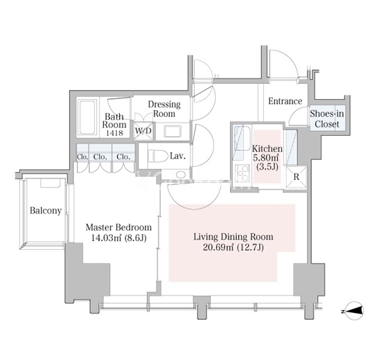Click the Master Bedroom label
tap(118, 228)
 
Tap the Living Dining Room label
tap(233, 237)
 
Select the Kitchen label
tap(267, 148)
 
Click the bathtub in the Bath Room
tap(87, 117)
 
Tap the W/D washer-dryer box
tap(143, 131)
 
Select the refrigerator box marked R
tap(297, 177)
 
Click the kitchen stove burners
tap(242, 172)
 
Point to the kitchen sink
tap(242, 138)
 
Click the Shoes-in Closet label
tap(327, 119)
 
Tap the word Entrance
tap(285, 101)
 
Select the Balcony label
tap(46, 210)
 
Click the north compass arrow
tap(353, 311)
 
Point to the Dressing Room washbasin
tap(173, 131)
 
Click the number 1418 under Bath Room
tap(114, 133)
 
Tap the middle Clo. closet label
tap(100, 157)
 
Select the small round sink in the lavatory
tap(181, 174)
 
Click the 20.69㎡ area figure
tap(218, 247)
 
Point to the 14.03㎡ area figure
tap(106, 238)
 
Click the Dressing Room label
tap(164, 109)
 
